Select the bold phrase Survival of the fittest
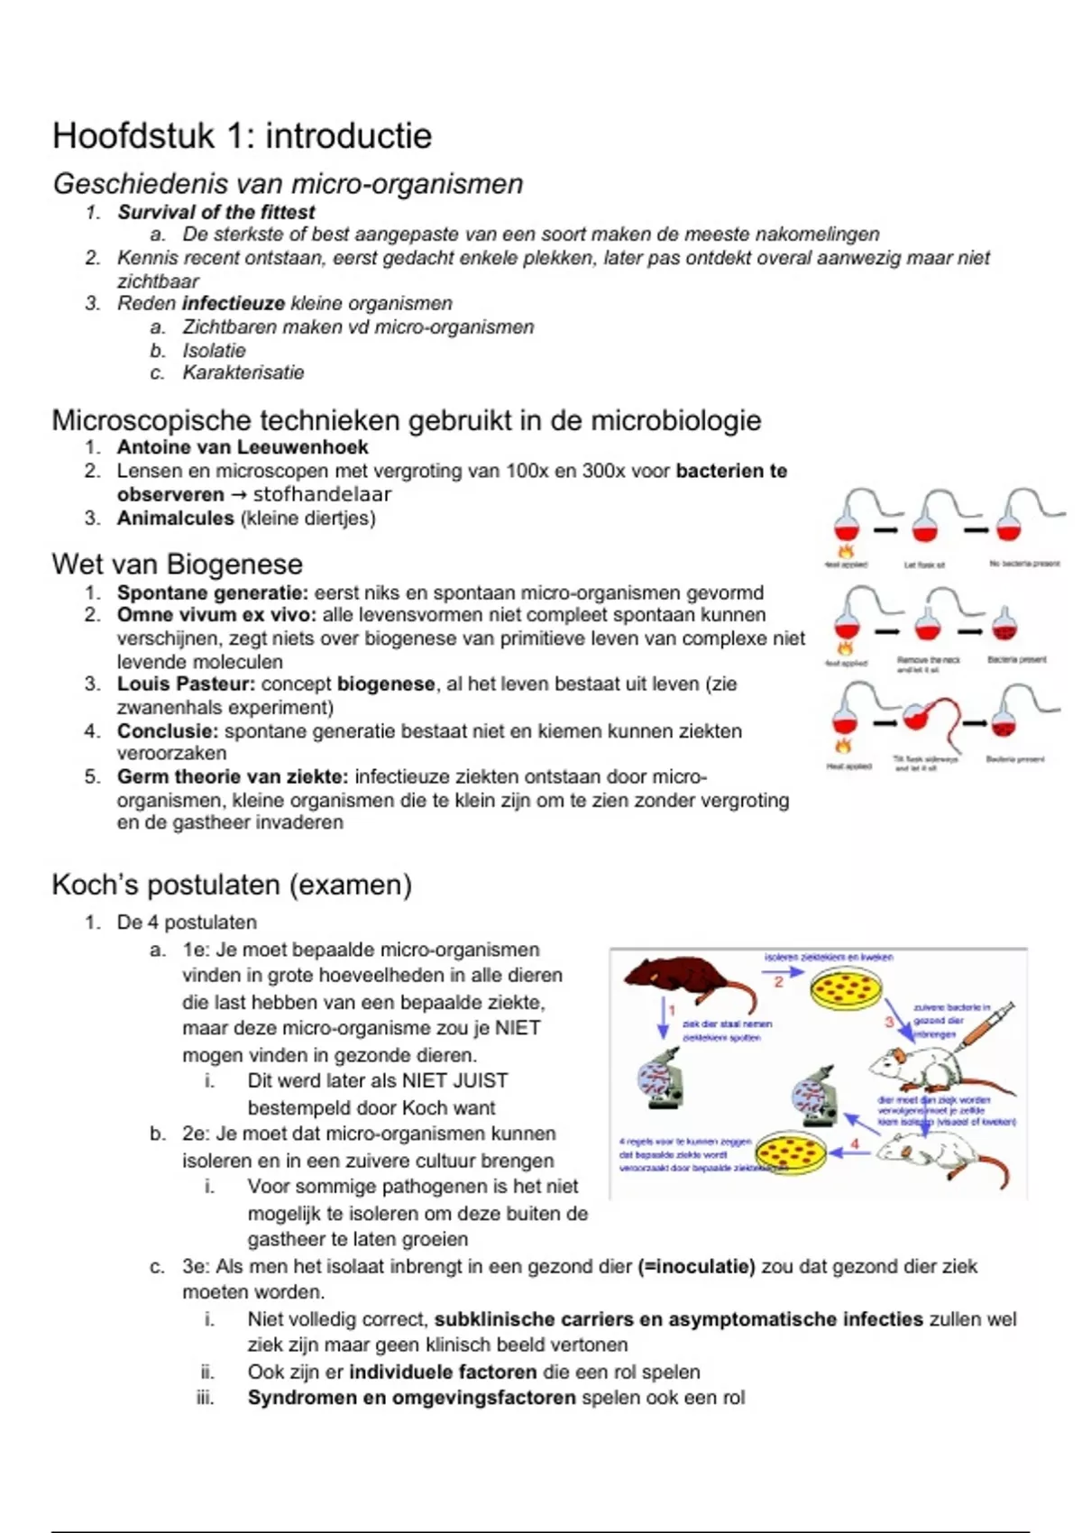(x=215, y=212)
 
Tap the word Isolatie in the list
(x=214, y=351)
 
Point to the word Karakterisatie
(x=243, y=373)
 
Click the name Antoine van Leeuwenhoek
(x=242, y=447)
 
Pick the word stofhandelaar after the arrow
(x=322, y=494)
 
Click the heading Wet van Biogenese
(x=177, y=565)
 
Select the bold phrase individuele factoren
(x=443, y=1372)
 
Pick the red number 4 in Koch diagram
(x=854, y=1143)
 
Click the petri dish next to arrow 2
(x=844, y=990)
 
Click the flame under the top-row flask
(x=846, y=551)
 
